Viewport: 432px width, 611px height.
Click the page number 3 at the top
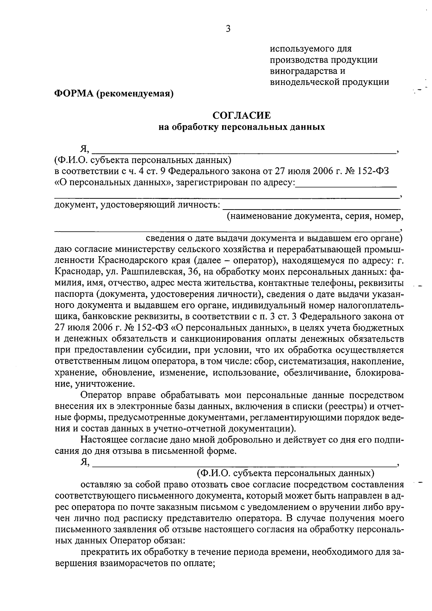228,29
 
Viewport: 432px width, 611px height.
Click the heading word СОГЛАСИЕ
242,116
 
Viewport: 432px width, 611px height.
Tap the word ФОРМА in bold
73,94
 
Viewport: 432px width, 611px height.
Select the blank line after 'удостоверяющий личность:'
311,207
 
